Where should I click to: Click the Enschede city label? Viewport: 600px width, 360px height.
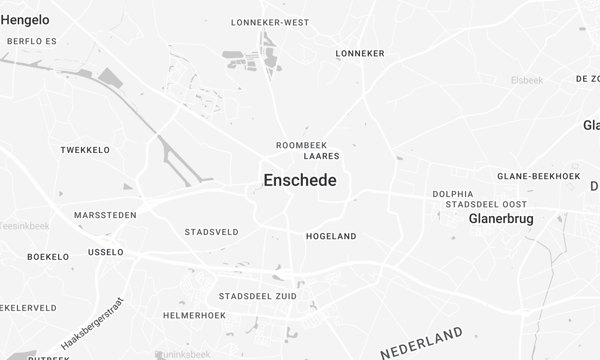click(x=300, y=181)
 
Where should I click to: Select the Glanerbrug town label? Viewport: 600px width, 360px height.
click(x=501, y=218)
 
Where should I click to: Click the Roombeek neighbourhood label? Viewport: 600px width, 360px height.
click(x=301, y=145)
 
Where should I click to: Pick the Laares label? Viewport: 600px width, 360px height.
click(x=321, y=156)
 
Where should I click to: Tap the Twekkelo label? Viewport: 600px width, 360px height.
click(x=84, y=149)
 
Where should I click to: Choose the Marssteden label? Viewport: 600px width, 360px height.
click(x=105, y=215)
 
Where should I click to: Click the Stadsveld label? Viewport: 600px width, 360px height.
click(x=212, y=231)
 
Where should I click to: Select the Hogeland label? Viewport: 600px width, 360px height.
click(x=329, y=236)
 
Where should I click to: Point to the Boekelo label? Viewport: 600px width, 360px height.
click(x=48, y=256)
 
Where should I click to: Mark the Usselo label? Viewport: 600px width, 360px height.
click(x=106, y=252)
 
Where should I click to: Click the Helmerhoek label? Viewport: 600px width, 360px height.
click(x=194, y=315)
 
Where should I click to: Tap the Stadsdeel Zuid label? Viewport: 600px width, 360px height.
click(x=258, y=297)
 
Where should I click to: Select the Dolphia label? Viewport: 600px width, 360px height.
click(x=453, y=194)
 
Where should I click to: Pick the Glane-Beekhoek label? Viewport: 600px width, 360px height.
click(x=539, y=176)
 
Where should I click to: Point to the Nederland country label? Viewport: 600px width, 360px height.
click(x=422, y=341)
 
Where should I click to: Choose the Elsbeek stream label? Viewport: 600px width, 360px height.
click(x=526, y=80)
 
